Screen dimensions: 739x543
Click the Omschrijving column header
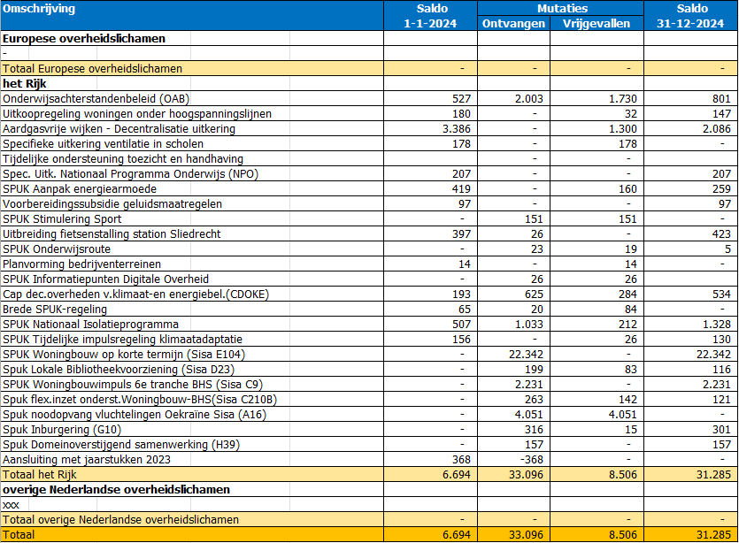39,9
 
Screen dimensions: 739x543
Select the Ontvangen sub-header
513,24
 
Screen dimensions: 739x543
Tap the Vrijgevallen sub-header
597,24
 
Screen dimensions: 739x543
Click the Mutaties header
562,9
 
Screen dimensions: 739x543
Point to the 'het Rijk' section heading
25,84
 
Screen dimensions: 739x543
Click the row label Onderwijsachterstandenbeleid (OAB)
96,99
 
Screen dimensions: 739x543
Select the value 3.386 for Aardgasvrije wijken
456,129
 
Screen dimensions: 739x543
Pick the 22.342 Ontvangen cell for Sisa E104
526,354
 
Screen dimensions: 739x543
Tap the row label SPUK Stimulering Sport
62,219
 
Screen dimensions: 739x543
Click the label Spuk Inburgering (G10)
62,430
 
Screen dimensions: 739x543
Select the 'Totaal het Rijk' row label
40,475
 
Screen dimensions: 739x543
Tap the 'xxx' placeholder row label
11,505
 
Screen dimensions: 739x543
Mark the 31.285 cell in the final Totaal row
713,535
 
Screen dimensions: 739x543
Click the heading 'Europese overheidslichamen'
84,39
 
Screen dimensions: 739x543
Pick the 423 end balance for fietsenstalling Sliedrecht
721,234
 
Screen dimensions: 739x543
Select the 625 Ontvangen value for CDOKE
534,294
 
